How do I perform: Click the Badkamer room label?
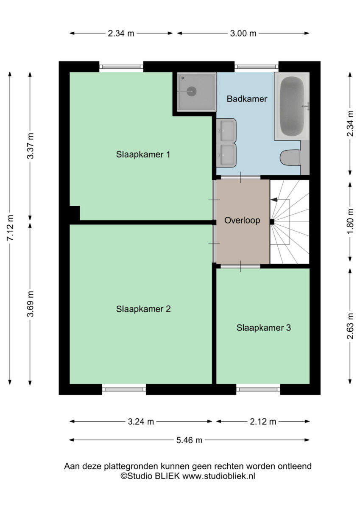pyautogui.click(x=247, y=99)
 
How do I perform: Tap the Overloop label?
pyautogui.click(x=242, y=221)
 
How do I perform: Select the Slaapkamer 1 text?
pyautogui.click(x=143, y=154)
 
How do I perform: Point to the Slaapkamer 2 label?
pyautogui.click(x=143, y=309)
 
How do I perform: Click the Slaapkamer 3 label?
pyautogui.click(x=263, y=327)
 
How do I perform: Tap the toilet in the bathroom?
pyautogui.click(x=290, y=158)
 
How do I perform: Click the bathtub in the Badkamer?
pyautogui.click(x=292, y=106)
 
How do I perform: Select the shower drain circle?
pyautogui.click(x=192, y=91)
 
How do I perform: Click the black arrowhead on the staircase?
pyautogui.click(x=274, y=199)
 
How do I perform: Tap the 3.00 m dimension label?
pyautogui.click(x=243, y=34)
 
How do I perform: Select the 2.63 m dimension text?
pyautogui.click(x=351, y=326)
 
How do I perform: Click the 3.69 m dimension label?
pyautogui.click(x=30, y=304)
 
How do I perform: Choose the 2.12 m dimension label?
pyautogui.click(x=263, y=422)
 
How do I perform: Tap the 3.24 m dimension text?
pyautogui.click(x=141, y=422)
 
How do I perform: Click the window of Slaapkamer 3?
pyautogui.click(x=258, y=389)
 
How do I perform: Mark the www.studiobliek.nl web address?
pyautogui.click(x=219, y=475)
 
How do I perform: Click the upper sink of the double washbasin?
pyautogui.click(x=226, y=131)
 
